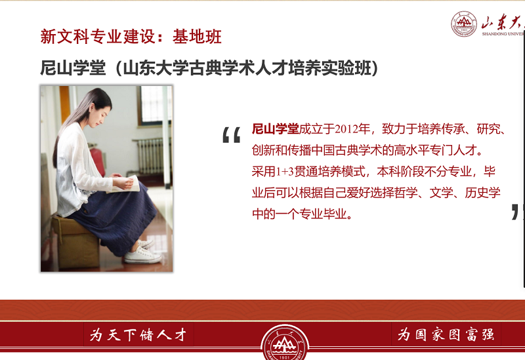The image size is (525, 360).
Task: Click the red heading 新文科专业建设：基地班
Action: pos(131,36)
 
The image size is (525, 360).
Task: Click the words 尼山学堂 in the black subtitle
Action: pos(73,68)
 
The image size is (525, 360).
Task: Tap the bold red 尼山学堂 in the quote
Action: pos(275,129)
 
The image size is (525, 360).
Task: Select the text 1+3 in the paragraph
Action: pos(285,172)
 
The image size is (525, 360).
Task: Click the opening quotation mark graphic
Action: pos(232,135)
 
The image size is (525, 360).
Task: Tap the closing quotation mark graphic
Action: pos(518,212)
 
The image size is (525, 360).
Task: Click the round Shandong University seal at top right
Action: pos(464,24)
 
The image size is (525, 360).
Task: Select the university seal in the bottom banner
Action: pos(285,342)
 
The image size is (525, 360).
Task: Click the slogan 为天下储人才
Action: pos(138,334)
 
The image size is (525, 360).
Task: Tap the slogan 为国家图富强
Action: pos(446,334)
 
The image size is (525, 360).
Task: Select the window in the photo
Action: pos(154,105)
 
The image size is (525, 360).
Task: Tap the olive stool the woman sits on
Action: pos(75,241)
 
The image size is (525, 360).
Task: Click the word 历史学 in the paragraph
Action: pos(482,193)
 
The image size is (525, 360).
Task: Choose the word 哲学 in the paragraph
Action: pos(406,193)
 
